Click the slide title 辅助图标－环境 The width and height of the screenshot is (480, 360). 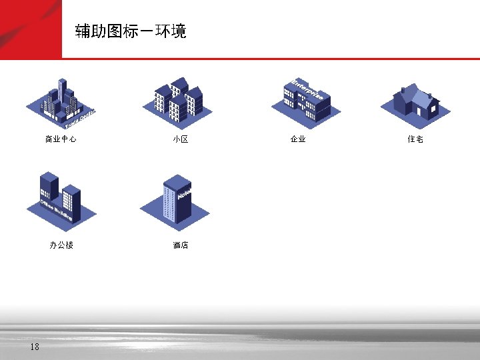pos(131,31)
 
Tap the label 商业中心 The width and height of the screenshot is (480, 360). pos(61,139)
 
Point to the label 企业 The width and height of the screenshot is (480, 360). pos(298,139)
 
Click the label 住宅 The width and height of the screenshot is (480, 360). pos(415,139)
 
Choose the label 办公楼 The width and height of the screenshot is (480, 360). pos(61,245)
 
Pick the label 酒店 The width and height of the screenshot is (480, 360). pos(180,245)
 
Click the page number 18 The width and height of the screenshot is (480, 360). pos(35,347)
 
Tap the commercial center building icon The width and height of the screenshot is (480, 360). pos(61,104)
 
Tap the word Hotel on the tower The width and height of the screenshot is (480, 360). pos(184,193)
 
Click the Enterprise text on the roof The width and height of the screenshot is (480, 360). pos(308,89)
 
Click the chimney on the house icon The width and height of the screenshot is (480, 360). pos(403,90)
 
